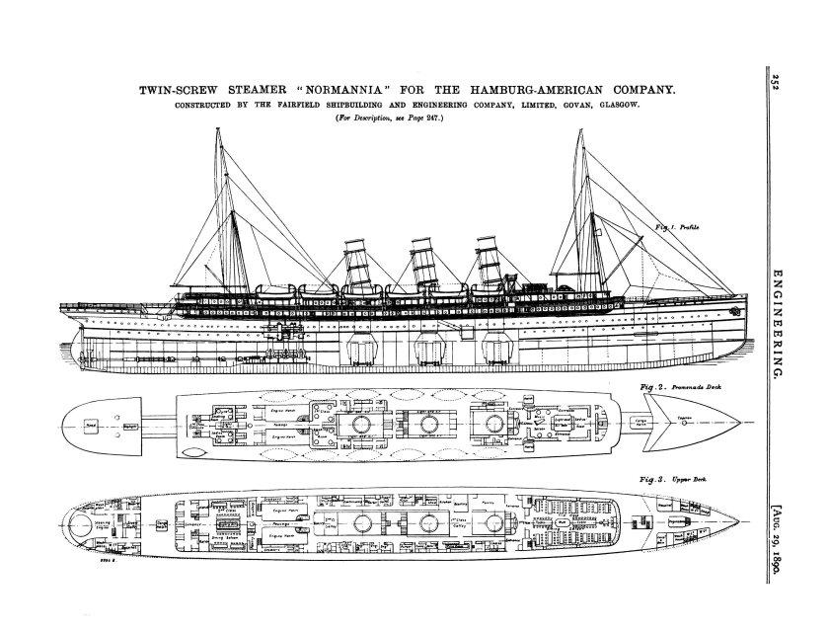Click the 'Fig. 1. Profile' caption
tap(677, 228)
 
